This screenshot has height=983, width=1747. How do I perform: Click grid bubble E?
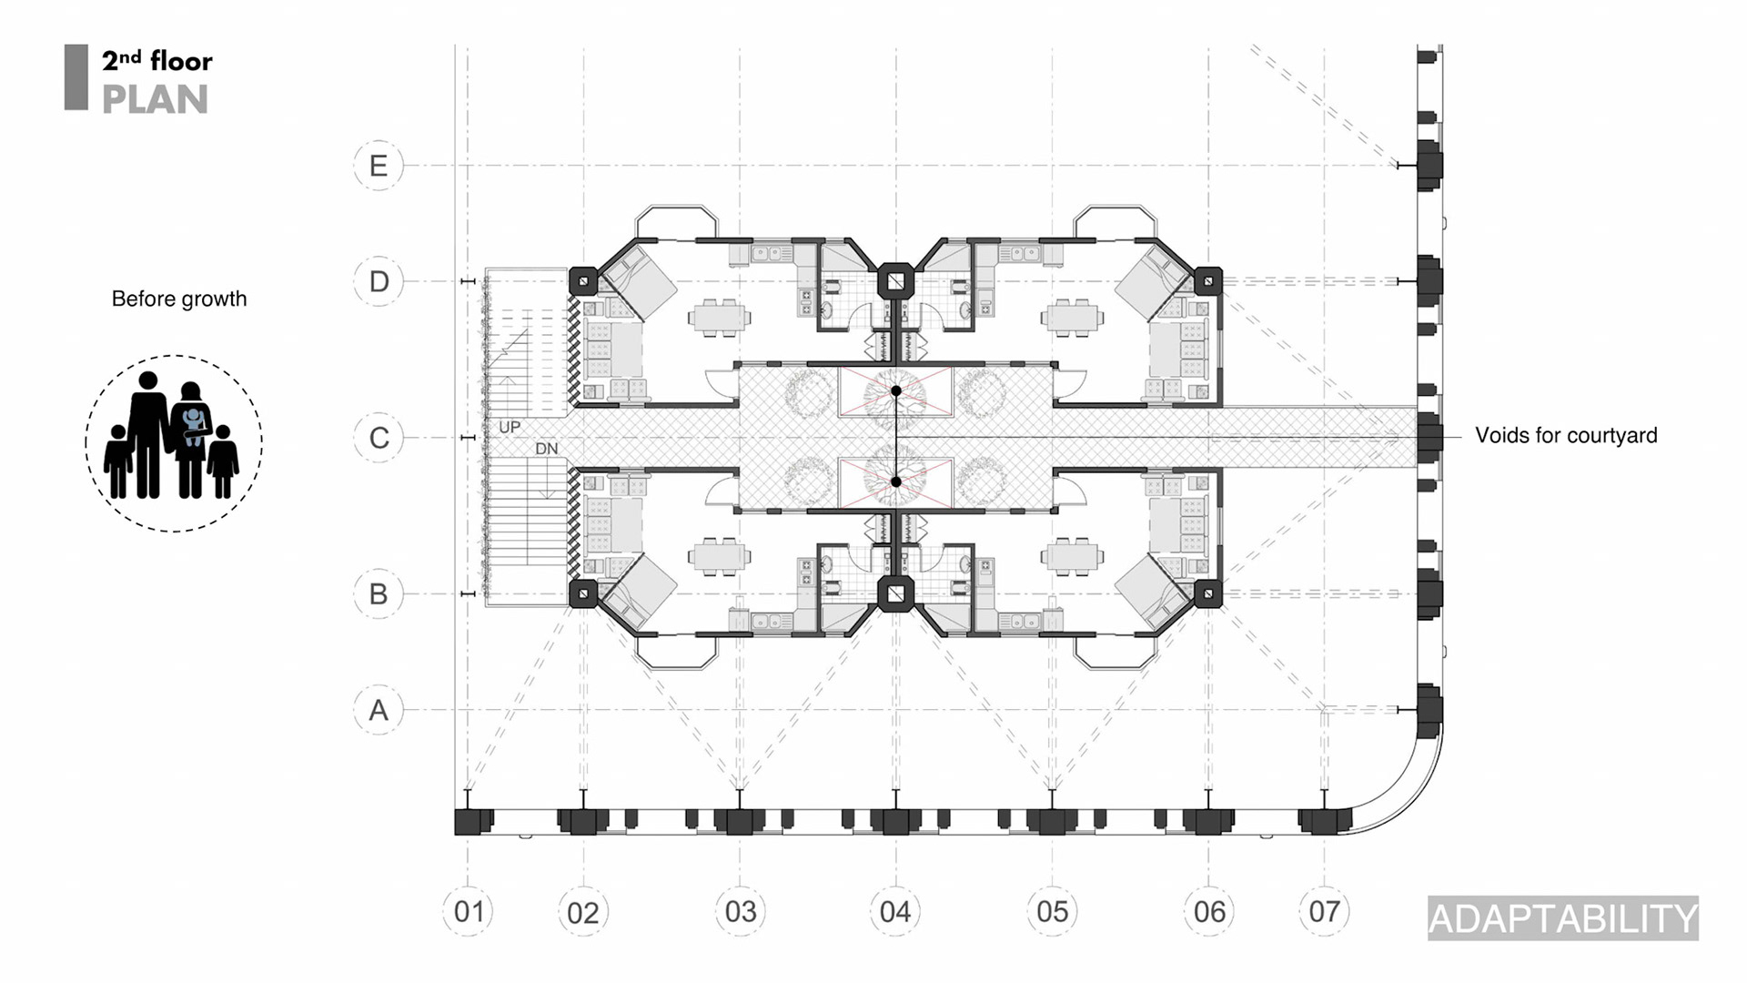pyautogui.click(x=379, y=166)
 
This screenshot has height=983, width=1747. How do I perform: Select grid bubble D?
pyautogui.click(x=379, y=281)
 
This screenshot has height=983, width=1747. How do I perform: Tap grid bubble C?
pyautogui.click(x=379, y=438)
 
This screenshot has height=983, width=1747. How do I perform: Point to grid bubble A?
pyautogui.click(x=379, y=710)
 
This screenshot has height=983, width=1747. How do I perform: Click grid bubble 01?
pyautogui.click(x=469, y=911)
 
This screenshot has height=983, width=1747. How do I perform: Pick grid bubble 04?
pyautogui.click(x=895, y=911)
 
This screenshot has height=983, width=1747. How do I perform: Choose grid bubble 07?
pyautogui.click(x=1324, y=911)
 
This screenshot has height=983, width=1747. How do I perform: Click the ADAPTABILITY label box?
pyautogui.click(x=1562, y=918)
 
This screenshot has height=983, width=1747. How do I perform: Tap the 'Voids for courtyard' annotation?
pyautogui.click(x=1566, y=435)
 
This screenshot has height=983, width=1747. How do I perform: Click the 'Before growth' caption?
pyautogui.click(x=179, y=299)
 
